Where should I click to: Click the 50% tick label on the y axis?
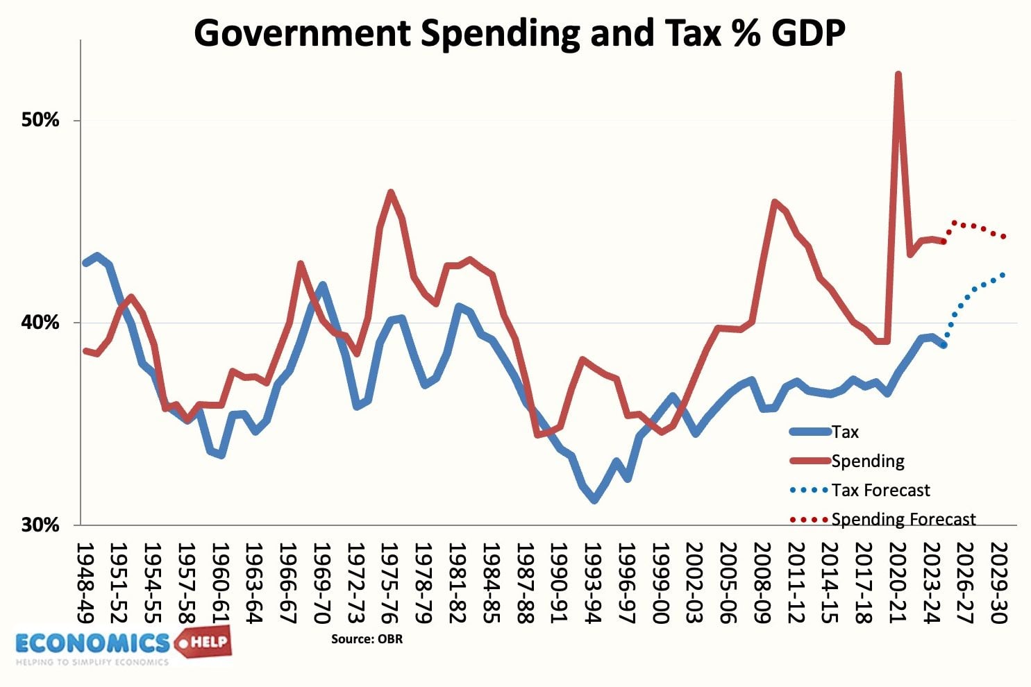coord(40,120)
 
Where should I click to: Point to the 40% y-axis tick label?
coord(40,323)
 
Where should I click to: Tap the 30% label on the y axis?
coord(40,525)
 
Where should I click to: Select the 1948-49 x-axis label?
coord(86,583)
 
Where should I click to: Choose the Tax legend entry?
coord(845,432)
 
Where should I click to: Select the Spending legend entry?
coord(867,461)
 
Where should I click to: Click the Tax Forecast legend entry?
coord(880,490)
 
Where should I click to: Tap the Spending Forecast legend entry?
coord(903,519)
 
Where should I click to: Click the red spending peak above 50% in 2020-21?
coord(898,75)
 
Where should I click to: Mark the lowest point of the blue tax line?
coord(594,499)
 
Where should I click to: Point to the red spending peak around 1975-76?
coord(391,192)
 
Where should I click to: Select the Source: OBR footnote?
coord(367,638)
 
